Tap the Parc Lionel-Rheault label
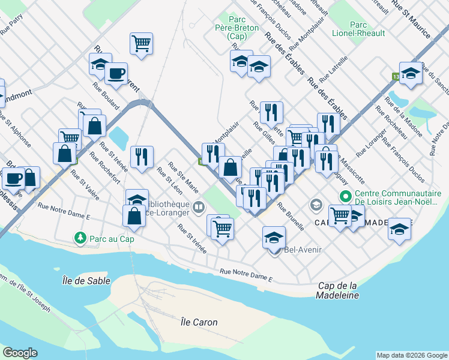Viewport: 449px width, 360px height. click(x=367, y=29)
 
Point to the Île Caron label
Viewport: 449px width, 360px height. click(x=199, y=322)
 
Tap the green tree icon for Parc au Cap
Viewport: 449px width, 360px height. click(x=80, y=239)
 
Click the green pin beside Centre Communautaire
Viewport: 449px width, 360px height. click(x=345, y=197)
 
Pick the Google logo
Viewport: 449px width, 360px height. click(x=20, y=353)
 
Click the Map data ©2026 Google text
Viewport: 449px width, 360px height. click(x=412, y=355)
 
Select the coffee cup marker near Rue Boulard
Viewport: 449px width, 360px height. click(x=116, y=73)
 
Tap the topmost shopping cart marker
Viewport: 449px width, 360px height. click(x=141, y=43)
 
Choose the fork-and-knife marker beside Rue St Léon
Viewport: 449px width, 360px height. click(x=142, y=157)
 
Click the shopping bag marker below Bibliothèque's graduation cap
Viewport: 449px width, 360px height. click(x=134, y=216)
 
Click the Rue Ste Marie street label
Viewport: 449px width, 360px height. click(x=183, y=176)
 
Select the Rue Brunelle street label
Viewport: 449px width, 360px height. click(x=291, y=214)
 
